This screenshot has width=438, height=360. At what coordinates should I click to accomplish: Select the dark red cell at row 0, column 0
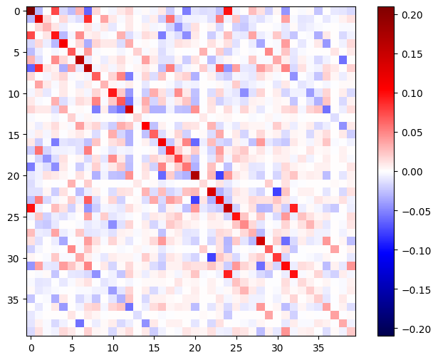coord(31,11)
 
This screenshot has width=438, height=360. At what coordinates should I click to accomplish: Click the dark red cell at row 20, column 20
coord(195,175)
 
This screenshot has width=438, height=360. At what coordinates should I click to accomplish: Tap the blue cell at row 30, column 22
coord(212,257)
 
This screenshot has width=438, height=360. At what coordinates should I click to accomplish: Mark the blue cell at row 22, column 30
coord(277,192)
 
